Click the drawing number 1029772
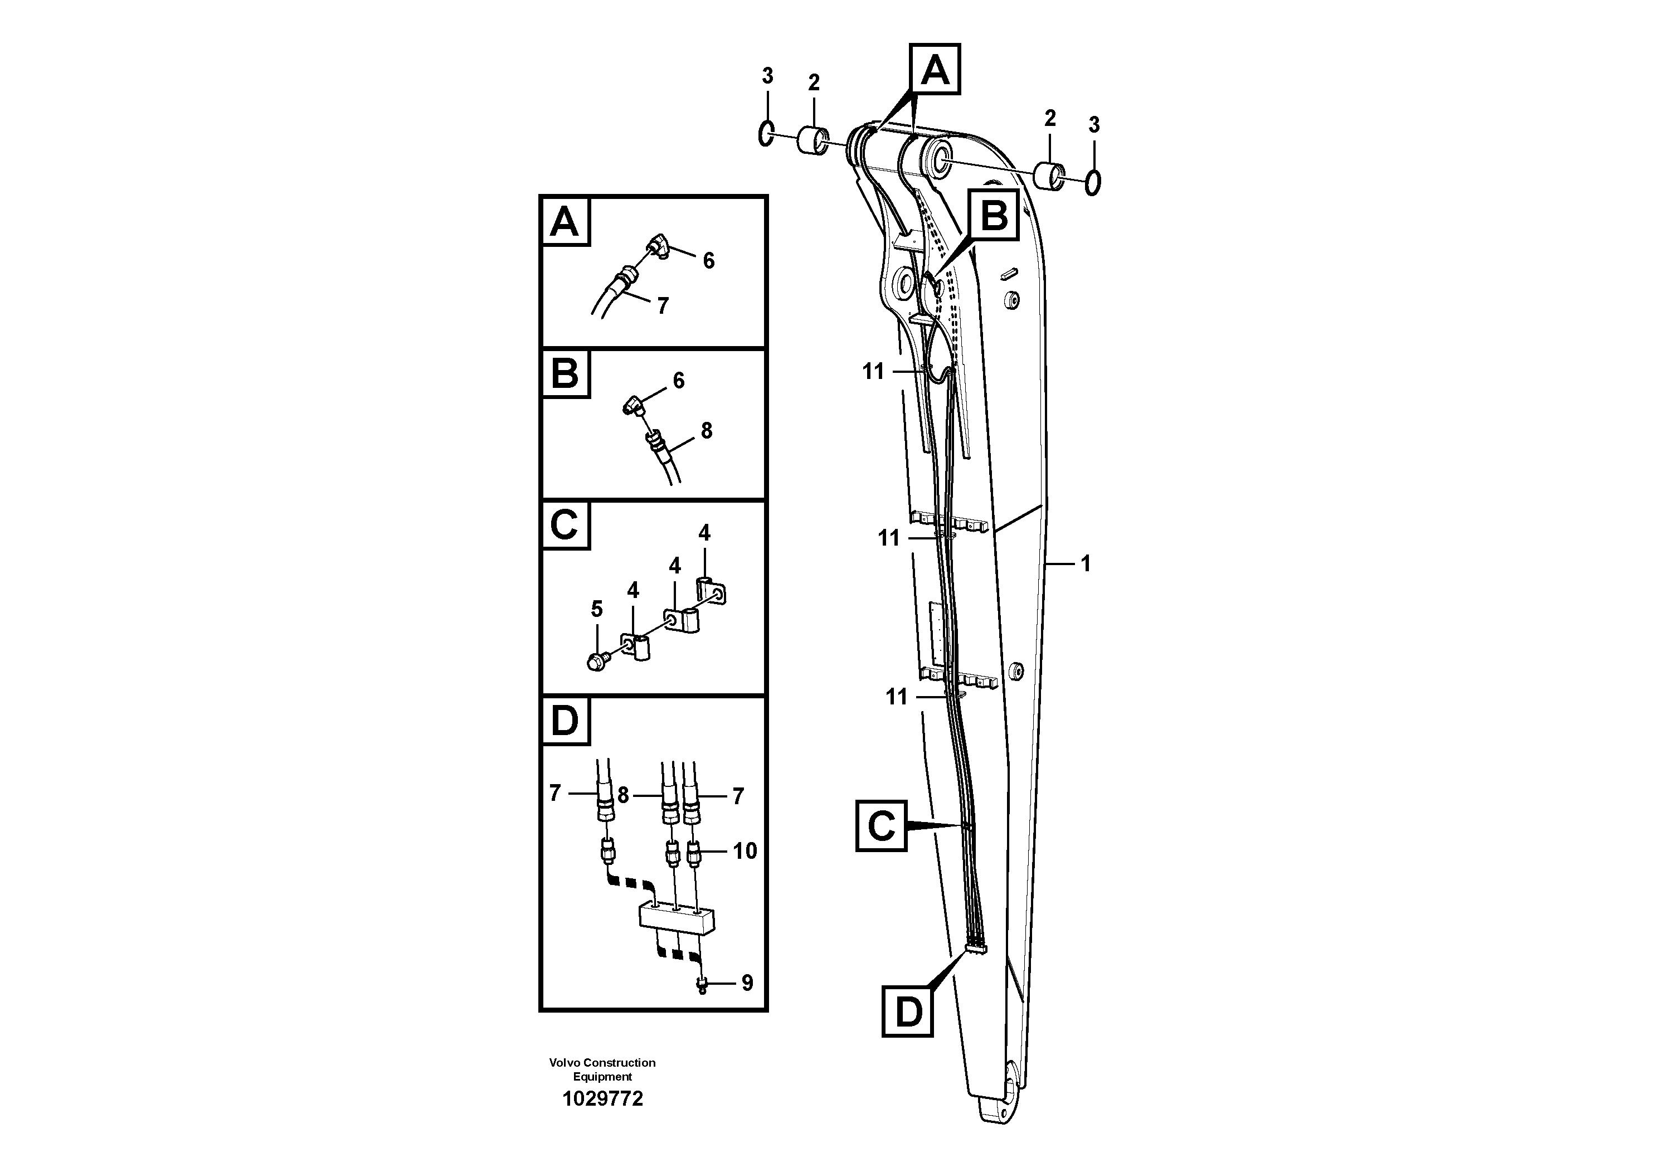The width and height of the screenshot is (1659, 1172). click(x=602, y=1099)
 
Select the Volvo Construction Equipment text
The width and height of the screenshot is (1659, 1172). click(x=602, y=1069)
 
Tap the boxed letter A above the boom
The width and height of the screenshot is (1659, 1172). click(x=935, y=70)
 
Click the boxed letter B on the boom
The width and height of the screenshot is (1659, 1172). click(x=994, y=215)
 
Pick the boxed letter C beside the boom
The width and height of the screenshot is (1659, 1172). click(x=881, y=825)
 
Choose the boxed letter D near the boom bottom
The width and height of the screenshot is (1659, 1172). click(x=908, y=1011)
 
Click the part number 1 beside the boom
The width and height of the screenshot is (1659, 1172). click(x=1085, y=563)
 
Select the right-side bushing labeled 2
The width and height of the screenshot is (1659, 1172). click(x=1049, y=177)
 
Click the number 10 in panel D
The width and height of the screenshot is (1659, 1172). click(x=745, y=850)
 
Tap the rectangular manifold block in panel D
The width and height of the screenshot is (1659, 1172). click(x=677, y=918)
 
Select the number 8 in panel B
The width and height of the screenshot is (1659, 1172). click(x=706, y=431)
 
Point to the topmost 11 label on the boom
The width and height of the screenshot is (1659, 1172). click(x=873, y=371)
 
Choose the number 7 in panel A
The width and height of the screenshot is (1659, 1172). click(x=663, y=305)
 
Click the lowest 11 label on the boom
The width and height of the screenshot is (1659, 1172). click(x=896, y=697)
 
